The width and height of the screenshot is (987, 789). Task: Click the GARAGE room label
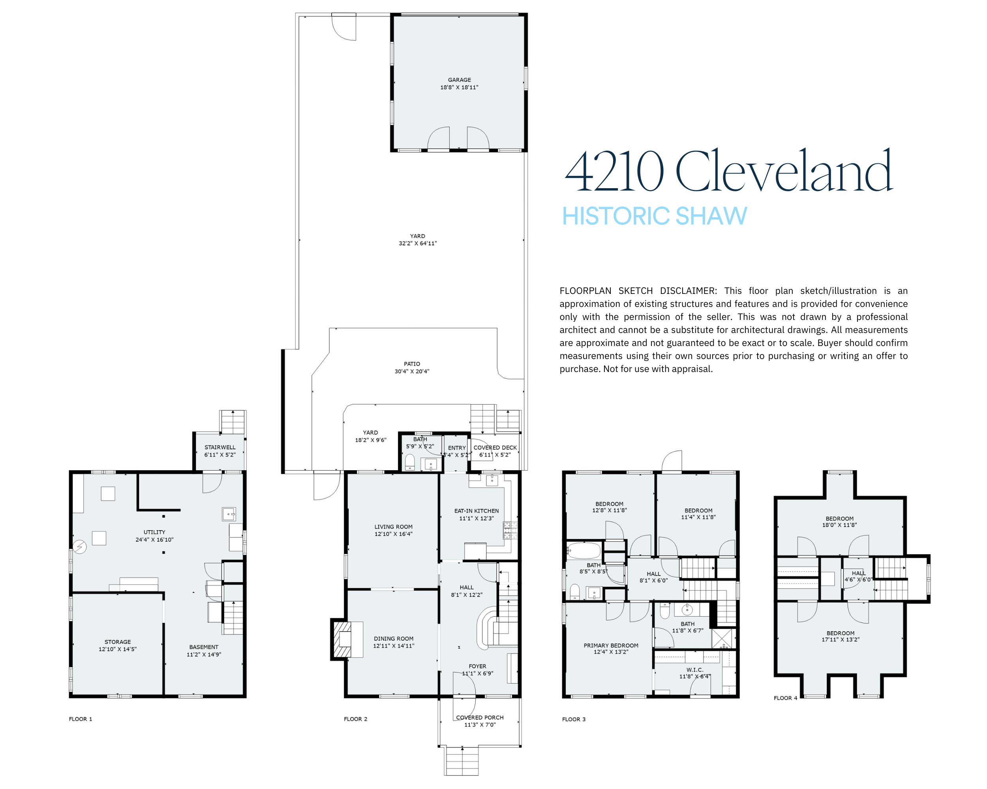coord(459,80)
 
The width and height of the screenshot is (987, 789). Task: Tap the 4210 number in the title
coord(614,171)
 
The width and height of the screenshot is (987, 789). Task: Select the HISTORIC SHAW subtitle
coord(654,216)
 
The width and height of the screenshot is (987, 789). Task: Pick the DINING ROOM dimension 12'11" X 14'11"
coord(393,646)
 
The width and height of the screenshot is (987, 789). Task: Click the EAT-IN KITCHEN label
coord(477,511)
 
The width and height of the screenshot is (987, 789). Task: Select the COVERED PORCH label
coord(480,718)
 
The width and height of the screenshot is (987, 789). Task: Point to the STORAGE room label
coord(118,642)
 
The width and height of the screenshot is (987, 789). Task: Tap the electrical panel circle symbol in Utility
coord(80,547)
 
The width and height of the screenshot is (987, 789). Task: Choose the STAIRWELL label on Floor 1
coord(220,447)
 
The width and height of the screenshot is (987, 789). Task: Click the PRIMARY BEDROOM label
coord(611,646)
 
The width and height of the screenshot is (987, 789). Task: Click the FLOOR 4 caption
coord(786,698)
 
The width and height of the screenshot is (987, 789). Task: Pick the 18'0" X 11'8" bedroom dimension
coord(840,525)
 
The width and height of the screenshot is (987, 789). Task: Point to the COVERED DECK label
coord(495,448)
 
